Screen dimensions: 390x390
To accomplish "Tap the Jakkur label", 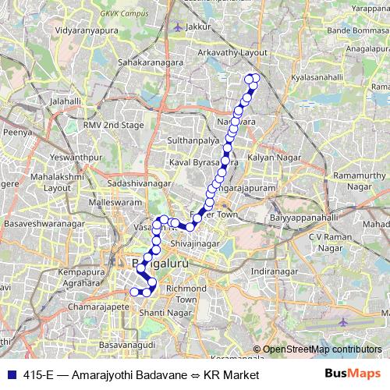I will tap(200, 27).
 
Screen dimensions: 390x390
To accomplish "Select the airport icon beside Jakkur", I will tap(179, 27).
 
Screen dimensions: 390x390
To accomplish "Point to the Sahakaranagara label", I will tap(149, 60).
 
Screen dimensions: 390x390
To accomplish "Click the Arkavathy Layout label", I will tap(232, 51).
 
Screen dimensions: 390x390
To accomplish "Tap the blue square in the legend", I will tap(9, 374).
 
